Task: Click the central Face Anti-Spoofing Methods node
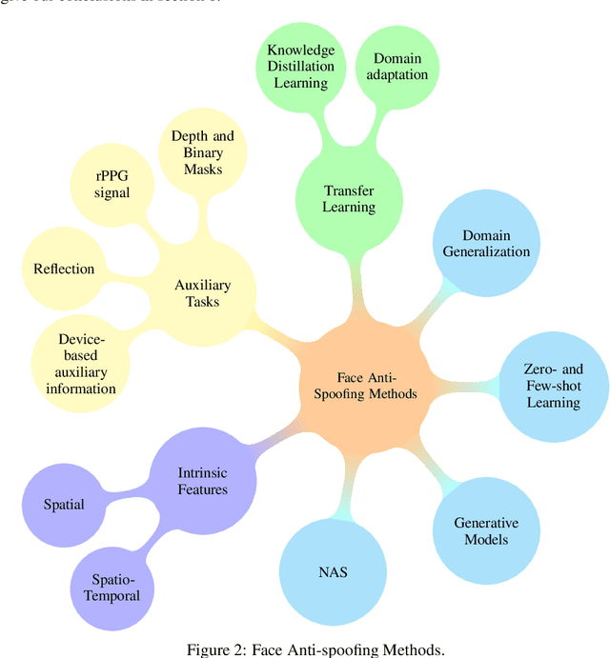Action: [x=364, y=386]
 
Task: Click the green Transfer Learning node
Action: [x=349, y=198]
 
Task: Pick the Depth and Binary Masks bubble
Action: [x=202, y=152]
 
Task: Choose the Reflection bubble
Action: [x=64, y=269]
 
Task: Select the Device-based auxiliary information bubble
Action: [x=87, y=363]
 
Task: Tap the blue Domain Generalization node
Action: [x=486, y=243]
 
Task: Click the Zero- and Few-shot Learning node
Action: [x=554, y=386]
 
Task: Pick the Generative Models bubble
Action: [x=486, y=531]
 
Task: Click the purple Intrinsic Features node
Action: [x=203, y=481]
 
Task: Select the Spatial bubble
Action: [x=64, y=504]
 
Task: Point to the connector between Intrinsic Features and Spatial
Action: [x=129, y=492]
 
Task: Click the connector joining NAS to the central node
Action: [x=342, y=495]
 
